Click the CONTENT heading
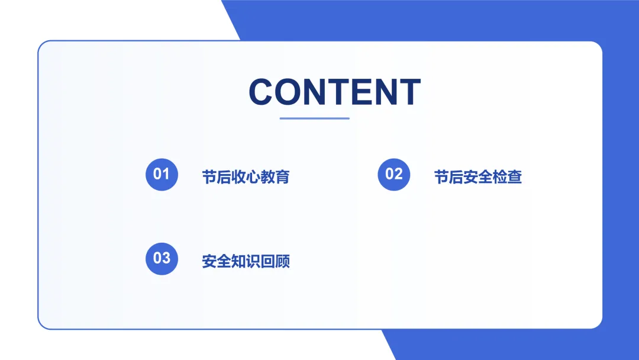tap(334, 92)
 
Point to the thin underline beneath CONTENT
tap(315, 118)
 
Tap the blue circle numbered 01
tap(162, 175)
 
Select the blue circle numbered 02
tap(393, 175)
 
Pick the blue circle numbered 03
tap(162, 259)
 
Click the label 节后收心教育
tap(246, 177)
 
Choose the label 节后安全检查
tap(478, 177)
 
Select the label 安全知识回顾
tap(246, 261)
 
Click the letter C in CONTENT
tap(261, 92)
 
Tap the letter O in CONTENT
tap(288, 92)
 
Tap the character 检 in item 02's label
tap(500, 177)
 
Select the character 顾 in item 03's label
tap(282, 261)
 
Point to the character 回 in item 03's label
tap(268, 261)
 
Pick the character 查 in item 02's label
tap(515, 177)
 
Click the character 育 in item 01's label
tap(282, 177)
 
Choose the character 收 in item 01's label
tap(238, 177)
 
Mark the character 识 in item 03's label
tap(253, 261)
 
